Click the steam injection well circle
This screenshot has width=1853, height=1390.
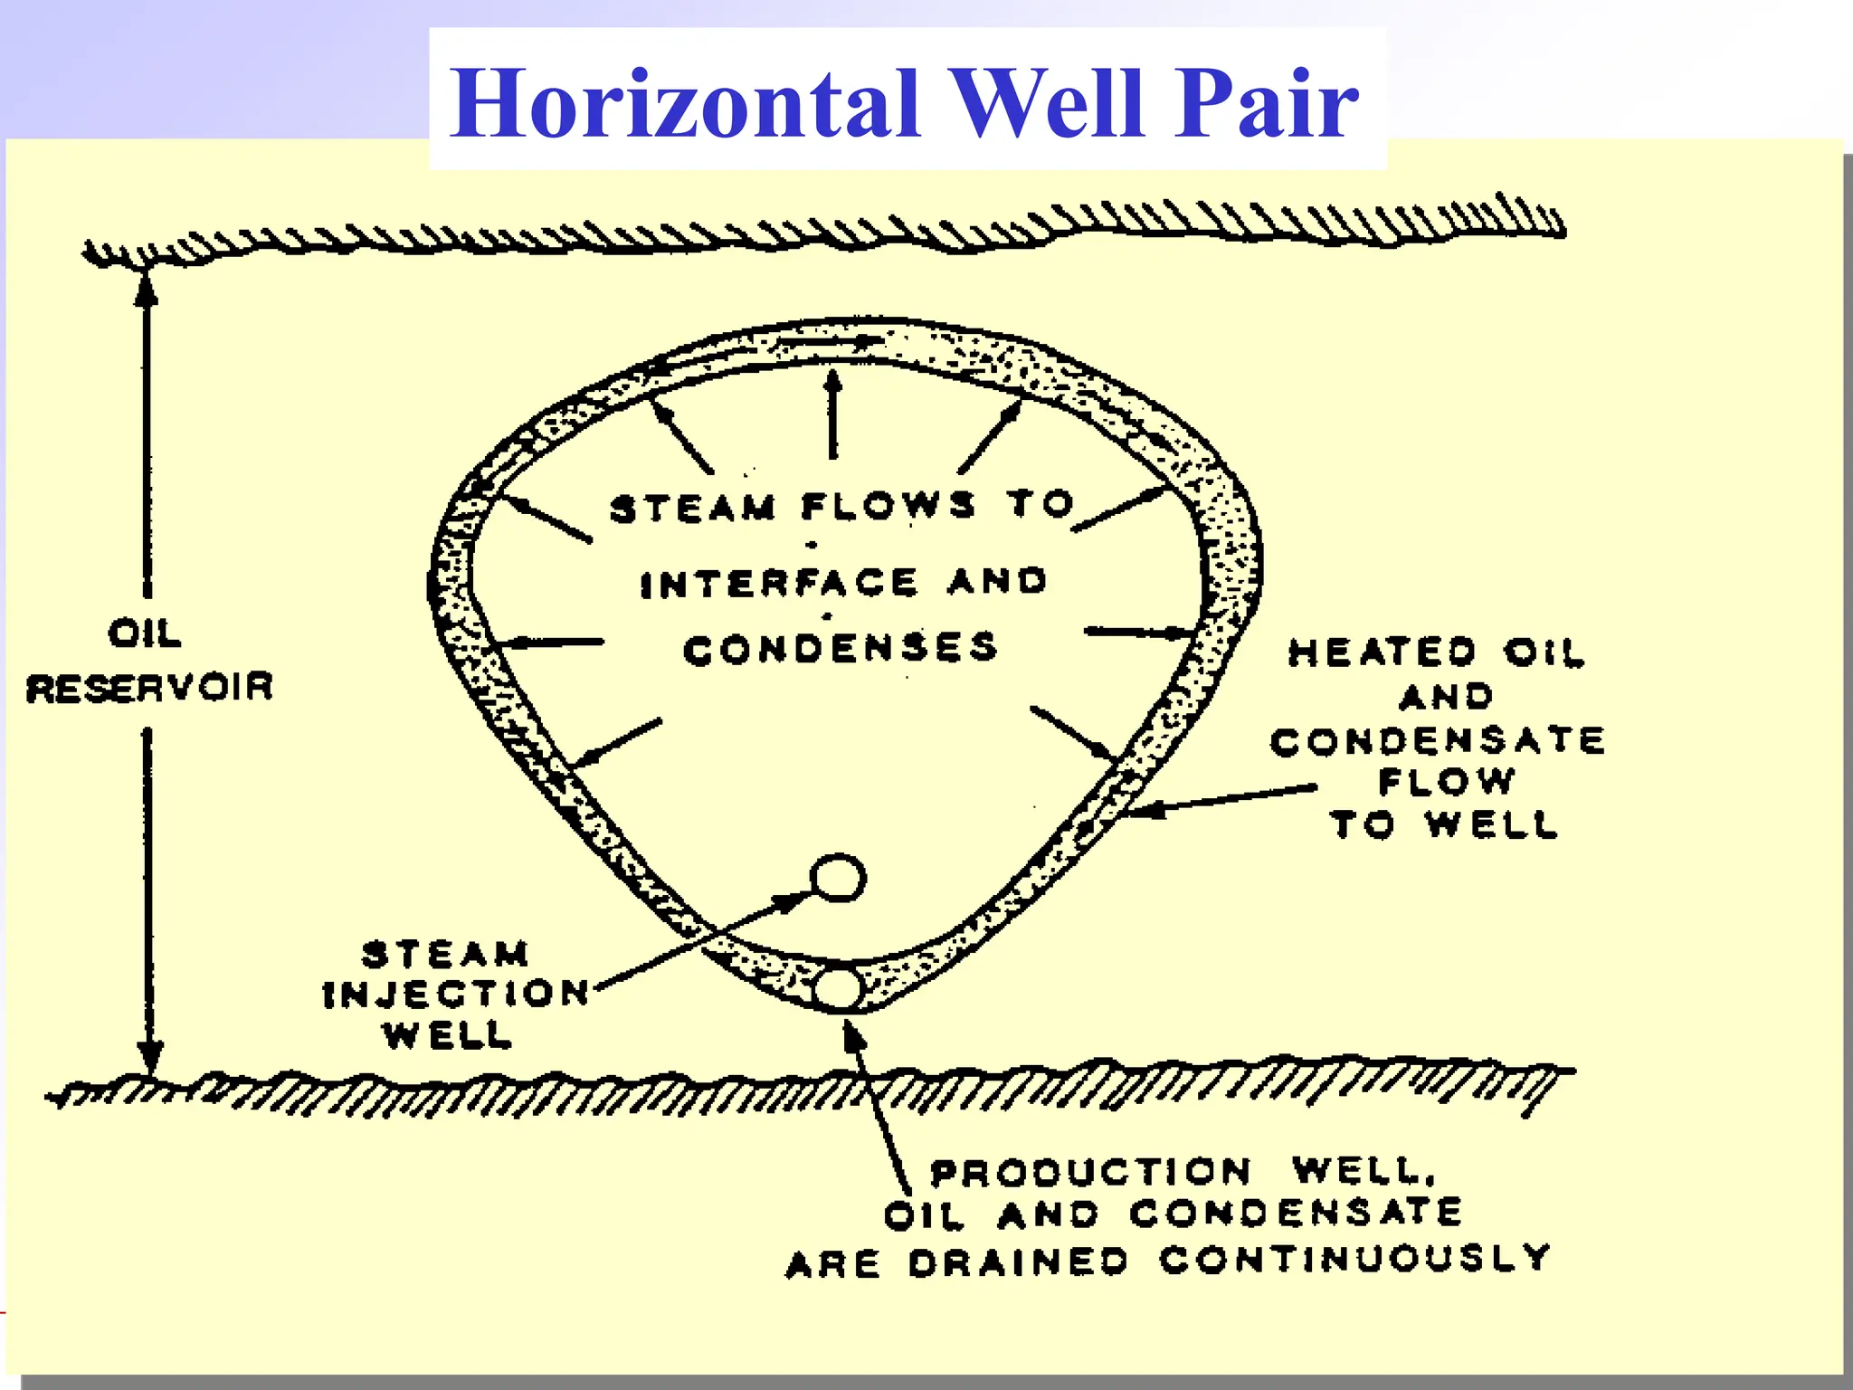click(838, 878)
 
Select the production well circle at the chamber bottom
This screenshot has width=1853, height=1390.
click(838, 989)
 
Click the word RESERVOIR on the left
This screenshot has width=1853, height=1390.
click(149, 688)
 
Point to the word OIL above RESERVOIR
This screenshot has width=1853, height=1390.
click(145, 633)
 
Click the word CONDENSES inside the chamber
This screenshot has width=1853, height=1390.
click(840, 649)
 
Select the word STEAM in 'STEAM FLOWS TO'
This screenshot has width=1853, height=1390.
click(693, 509)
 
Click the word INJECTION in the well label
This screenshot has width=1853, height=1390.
click(456, 994)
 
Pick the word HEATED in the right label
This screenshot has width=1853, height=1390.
click(1381, 652)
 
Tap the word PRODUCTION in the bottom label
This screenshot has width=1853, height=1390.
click(1091, 1173)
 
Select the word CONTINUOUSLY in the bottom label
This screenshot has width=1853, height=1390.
click(1355, 1258)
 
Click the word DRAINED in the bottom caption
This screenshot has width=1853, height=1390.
click(1019, 1262)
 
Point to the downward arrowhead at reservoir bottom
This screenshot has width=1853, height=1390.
click(149, 1057)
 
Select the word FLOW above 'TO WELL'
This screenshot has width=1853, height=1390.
click(1445, 782)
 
